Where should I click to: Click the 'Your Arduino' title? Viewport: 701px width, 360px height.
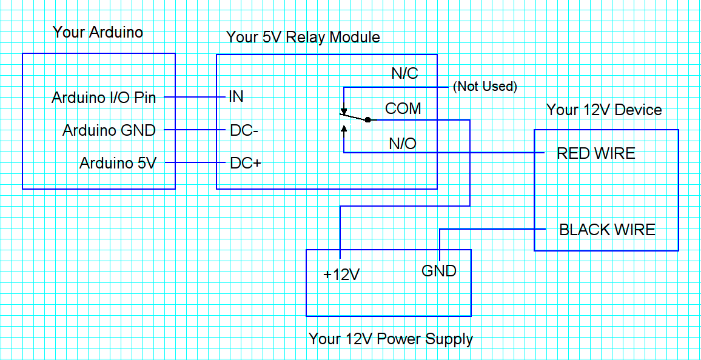click(x=98, y=32)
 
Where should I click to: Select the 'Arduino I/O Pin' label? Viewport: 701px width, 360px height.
click(x=104, y=98)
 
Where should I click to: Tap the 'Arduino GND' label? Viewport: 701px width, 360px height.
click(x=109, y=130)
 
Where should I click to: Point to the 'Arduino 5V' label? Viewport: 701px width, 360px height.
click(x=118, y=163)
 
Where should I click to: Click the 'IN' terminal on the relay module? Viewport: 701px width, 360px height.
click(x=236, y=97)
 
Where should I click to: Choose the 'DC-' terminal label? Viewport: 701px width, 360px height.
click(x=244, y=130)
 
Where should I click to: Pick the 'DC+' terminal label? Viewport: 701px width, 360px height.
click(x=245, y=163)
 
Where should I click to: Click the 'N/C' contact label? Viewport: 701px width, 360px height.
click(x=404, y=74)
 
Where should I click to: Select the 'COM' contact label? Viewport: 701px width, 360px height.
click(x=403, y=108)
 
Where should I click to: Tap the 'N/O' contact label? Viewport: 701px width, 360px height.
click(x=403, y=144)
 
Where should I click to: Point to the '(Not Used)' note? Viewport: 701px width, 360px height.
click(x=485, y=87)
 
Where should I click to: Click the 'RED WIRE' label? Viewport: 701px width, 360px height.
click(x=595, y=153)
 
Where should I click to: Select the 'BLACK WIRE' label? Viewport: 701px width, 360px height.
click(x=607, y=230)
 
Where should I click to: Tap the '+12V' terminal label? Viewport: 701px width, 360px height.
click(x=341, y=275)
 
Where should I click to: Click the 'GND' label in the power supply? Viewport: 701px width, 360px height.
click(x=438, y=270)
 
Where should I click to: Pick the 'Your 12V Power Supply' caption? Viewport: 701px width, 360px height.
click(x=391, y=339)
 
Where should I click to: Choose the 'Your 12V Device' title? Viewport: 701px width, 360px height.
click(x=604, y=110)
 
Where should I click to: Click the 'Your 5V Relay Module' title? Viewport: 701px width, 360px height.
click(x=303, y=37)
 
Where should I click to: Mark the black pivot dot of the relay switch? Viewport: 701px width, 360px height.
click(x=367, y=120)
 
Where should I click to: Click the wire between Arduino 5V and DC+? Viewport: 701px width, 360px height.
click(x=191, y=163)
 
